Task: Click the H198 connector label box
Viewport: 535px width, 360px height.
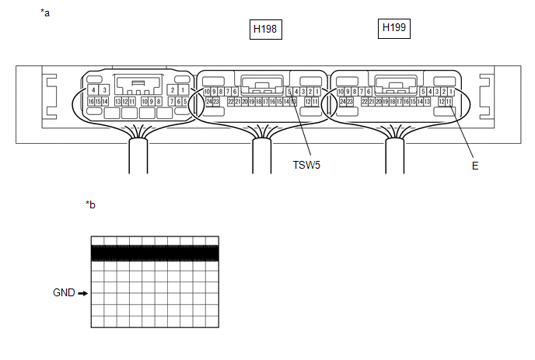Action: coord(265,30)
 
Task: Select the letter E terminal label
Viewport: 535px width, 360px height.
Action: coord(474,166)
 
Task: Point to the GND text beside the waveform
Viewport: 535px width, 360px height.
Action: coord(64,293)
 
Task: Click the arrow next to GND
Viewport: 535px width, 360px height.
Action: coord(82,293)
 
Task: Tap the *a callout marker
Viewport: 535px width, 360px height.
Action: coord(45,13)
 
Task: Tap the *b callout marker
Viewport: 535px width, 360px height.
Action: coord(91,204)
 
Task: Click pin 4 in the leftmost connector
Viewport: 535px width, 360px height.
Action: coord(93,90)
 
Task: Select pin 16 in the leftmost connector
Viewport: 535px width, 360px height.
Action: coord(90,102)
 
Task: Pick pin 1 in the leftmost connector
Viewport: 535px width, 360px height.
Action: coord(183,90)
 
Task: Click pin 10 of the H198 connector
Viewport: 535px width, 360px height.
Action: coord(207,92)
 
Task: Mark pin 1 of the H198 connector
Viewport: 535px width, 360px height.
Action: coord(317,92)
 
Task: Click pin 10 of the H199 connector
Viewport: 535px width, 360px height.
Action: coord(340,92)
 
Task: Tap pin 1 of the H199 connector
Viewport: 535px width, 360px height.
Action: coord(450,92)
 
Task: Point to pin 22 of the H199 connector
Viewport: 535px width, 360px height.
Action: coord(364,102)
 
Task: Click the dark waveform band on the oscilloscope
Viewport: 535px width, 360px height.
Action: coord(155,253)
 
